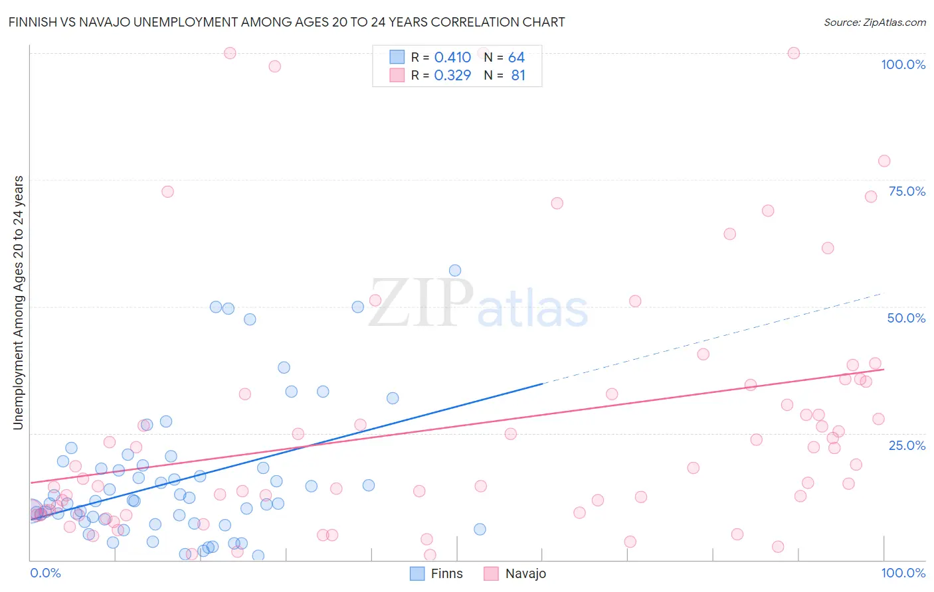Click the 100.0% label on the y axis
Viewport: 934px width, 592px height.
(x=903, y=64)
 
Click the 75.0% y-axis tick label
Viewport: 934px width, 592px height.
(x=907, y=191)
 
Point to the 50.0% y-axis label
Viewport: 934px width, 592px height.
(x=906, y=318)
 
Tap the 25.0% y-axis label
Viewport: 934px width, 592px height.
(x=907, y=445)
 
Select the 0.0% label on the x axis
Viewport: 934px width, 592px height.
(x=45, y=573)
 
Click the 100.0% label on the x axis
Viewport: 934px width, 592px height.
(x=903, y=573)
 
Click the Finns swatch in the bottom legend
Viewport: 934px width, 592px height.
(x=417, y=573)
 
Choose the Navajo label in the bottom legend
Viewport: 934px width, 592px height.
(x=525, y=573)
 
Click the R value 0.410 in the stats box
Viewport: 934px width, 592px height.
(x=452, y=58)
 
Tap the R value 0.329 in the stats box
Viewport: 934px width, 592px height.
(x=452, y=76)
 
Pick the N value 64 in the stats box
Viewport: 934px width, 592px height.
(x=516, y=58)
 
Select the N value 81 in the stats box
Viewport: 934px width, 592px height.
(x=518, y=76)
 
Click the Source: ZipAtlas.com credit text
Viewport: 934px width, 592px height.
(x=874, y=23)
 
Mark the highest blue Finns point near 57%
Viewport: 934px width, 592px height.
(x=455, y=270)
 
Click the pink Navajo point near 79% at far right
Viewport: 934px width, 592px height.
(x=884, y=161)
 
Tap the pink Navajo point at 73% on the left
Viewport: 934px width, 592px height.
(x=167, y=192)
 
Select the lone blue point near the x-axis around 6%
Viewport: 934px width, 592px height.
(x=480, y=529)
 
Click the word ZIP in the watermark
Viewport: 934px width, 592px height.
(x=420, y=303)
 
